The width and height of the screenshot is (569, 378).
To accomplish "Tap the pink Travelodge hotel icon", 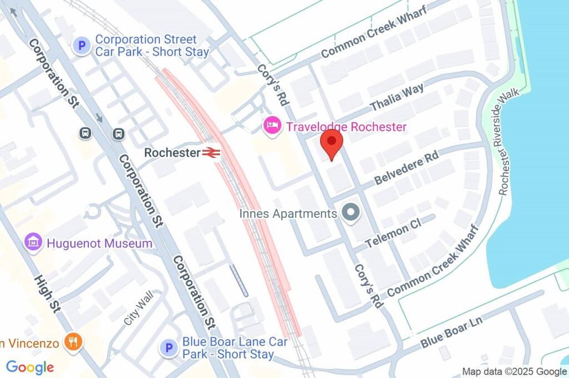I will coord(272,126).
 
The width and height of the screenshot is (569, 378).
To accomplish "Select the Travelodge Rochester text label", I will coord(346,127).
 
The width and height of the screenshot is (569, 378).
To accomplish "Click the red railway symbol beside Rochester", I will coord(212,152).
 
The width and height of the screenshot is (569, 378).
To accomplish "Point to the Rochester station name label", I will coord(172,152).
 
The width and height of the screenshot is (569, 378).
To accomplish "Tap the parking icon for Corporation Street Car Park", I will coord(82,46).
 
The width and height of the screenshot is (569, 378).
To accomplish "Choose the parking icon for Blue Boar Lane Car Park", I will coord(168,349).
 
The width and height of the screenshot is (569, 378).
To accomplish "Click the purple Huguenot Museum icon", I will coord(34,243).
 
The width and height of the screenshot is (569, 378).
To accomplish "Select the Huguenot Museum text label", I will coord(99,243).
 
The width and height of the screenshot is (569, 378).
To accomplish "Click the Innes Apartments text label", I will coord(288,213).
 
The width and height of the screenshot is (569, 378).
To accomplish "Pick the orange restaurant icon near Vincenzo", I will coord(73,342).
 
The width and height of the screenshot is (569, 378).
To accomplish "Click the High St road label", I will coord(47,294).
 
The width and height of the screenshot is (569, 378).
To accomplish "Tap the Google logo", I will coord(30,367).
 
